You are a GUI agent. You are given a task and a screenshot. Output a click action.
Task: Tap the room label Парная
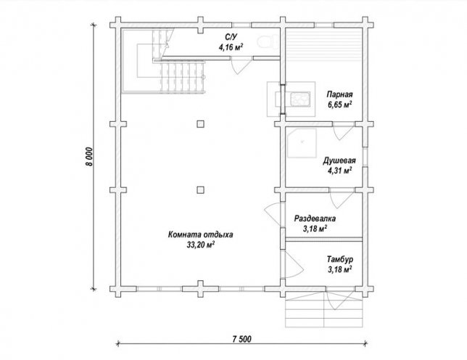[339, 94]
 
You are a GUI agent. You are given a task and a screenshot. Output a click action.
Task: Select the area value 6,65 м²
[339, 105]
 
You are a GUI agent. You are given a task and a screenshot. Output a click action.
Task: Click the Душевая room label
[339, 161]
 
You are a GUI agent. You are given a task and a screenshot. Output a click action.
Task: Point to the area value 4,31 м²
[339, 171]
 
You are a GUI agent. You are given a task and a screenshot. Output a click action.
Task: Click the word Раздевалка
[315, 218]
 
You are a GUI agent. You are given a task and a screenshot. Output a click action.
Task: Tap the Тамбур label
[340, 259]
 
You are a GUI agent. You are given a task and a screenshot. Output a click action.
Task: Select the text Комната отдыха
[200, 235]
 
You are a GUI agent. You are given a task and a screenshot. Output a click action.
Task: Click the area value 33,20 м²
[200, 245]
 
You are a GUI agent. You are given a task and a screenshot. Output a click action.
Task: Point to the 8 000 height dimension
[90, 157]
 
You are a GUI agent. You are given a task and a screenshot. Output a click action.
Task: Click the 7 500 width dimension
[241, 339]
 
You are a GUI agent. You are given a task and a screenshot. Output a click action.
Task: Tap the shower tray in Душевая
[302, 143]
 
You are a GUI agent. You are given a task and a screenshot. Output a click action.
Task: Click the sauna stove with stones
[300, 99]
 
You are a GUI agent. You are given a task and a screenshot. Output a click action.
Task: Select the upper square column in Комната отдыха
[200, 123]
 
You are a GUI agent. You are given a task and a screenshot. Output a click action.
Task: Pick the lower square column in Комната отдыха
[200, 190]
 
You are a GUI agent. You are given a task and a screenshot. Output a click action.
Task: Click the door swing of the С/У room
[240, 66]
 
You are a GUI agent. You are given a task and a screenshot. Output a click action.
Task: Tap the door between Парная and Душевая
[342, 131]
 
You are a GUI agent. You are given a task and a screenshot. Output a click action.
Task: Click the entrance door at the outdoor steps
[339, 297]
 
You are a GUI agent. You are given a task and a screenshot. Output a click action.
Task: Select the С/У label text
[231, 37]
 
